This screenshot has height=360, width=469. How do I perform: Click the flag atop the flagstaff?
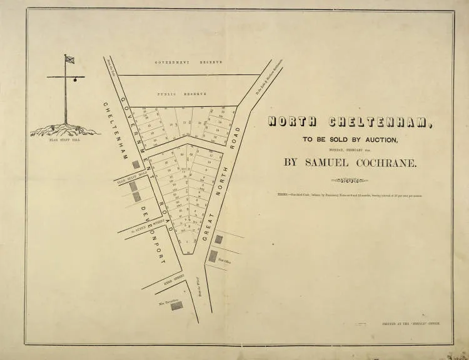[x=69, y=60]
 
